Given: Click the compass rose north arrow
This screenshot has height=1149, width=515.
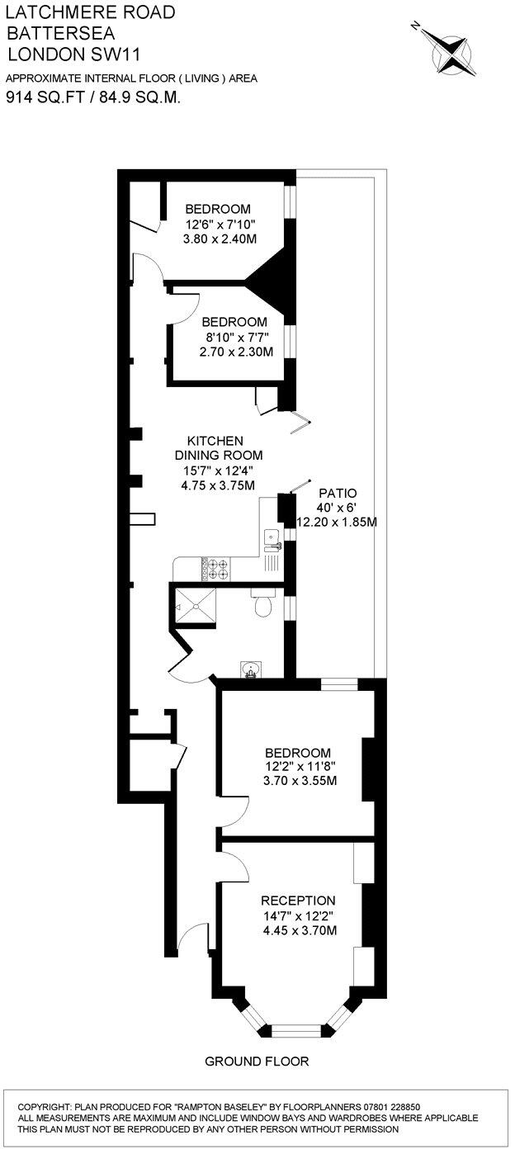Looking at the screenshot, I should point(452,50).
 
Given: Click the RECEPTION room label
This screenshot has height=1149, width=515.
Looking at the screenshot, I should point(298,900).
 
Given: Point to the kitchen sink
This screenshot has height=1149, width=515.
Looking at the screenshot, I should point(272,539).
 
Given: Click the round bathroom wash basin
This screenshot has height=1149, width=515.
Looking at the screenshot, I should point(250,668).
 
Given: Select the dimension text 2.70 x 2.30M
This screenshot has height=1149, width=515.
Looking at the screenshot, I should point(235,351).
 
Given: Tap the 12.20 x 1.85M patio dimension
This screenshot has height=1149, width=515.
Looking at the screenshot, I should point(336,522).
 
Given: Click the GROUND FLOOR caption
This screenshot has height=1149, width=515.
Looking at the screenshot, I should point(256,1061).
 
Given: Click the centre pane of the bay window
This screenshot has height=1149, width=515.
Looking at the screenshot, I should point(297,1029).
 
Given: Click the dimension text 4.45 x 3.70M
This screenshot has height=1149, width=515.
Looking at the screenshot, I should point(298,930).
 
